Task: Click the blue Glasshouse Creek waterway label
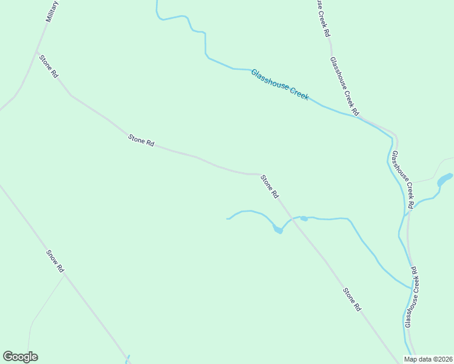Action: point(280,85)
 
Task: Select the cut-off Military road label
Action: point(53,11)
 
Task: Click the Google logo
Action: point(20,357)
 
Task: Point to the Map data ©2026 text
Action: point(428,359)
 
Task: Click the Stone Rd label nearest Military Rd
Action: point(49,66)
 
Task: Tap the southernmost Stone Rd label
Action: point(352,300)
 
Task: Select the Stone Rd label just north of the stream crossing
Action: point(269,187)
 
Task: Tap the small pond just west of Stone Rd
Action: point(277,229)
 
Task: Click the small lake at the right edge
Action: point(446,180)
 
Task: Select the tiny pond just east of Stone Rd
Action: point(304,218)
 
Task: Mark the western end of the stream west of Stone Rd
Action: point(228,218)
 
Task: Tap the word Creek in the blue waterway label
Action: point(297,93)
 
